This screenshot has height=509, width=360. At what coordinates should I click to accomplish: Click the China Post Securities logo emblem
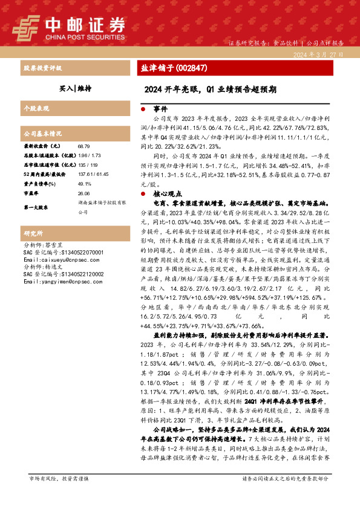[x=26, y=26]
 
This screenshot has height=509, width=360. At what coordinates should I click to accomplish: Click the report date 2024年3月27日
[x=318, y=54]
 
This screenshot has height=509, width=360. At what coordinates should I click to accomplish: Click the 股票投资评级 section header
[x=42, y=68]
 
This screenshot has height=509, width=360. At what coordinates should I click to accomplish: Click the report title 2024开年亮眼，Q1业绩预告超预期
[x=211, y=89]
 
